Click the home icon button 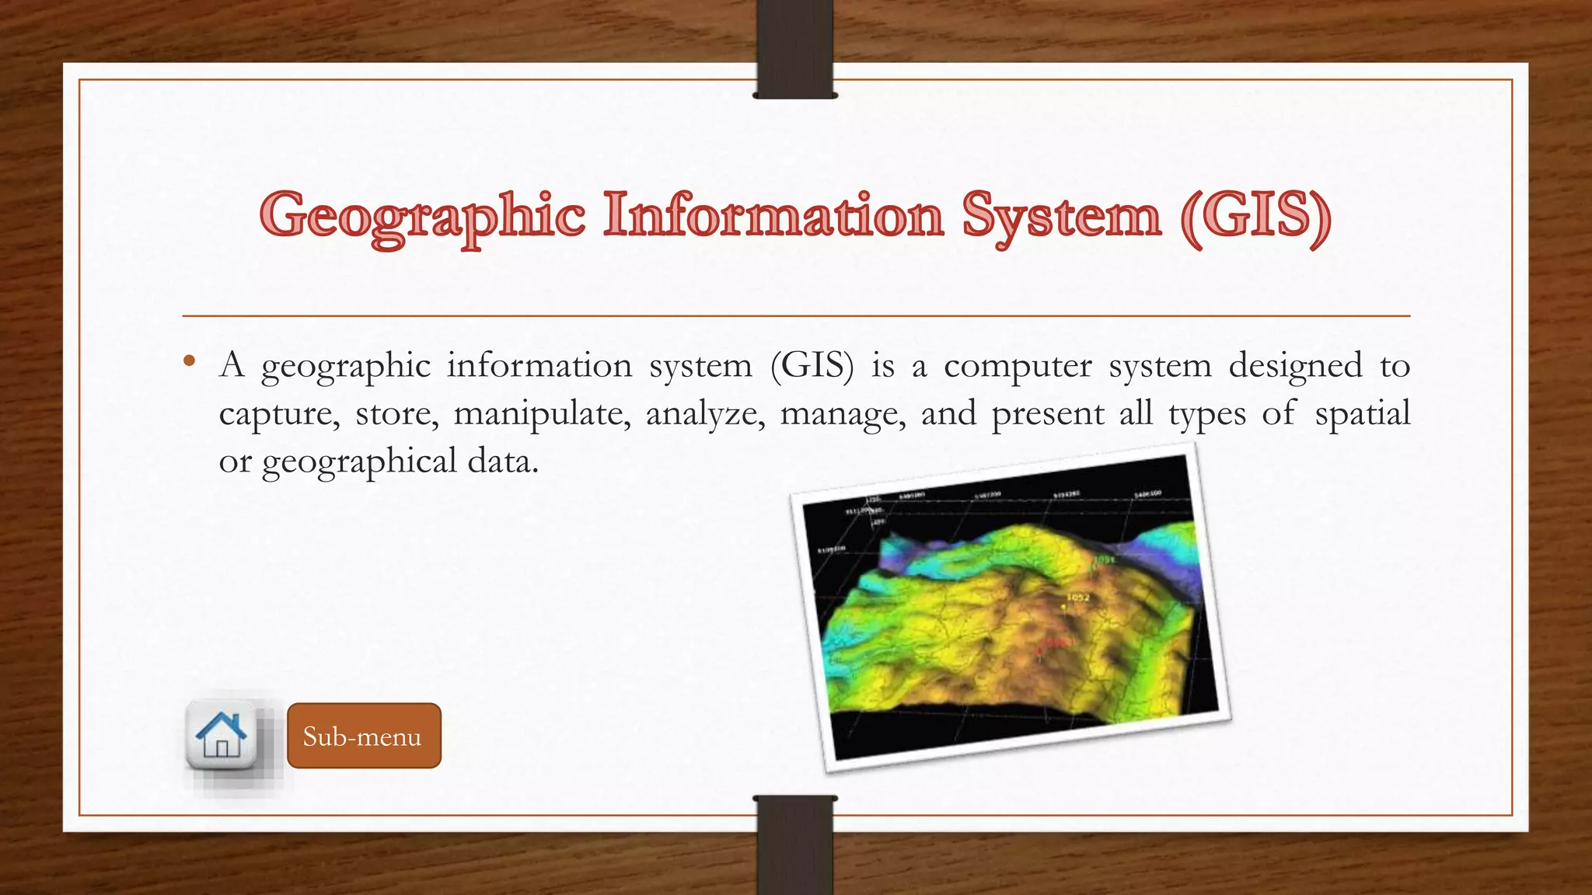pyautogui.click(x=222, y=735)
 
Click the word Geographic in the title pyautogui.click(x=422, y=216)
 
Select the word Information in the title pyautogui.click(x=774, y=216)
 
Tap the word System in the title pyautogui.click(x=1062, y=216)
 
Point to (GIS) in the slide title pyautogui.click(x=1255, y=216)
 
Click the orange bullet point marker pyautogui.click(x=189, y=360)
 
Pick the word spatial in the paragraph pyautogui.click(x=1362, y=413)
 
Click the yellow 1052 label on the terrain pyautogui.click(x=1077, y=597)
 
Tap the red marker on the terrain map pyautogui.click(x=1042, y=651)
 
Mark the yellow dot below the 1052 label pyautogui.click(x=1063, y=607)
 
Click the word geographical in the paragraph pyautogui.click(x=358, y=461)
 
